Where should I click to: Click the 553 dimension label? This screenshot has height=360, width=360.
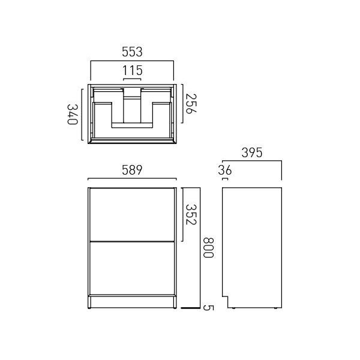point(132,52)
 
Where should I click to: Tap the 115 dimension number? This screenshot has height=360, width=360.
point(132,70)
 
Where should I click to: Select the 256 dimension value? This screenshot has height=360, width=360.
point(191,104)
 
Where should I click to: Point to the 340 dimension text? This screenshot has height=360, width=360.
point(73,115)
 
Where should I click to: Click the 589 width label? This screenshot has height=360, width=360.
point(132,170)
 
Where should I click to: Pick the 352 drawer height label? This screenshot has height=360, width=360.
point(191,214)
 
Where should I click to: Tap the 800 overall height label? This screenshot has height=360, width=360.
point(208,248)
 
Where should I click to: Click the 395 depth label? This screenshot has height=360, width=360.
point(252,152)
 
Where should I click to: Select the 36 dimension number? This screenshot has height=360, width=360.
point(225,170)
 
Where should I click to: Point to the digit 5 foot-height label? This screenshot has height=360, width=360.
point(208,308)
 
